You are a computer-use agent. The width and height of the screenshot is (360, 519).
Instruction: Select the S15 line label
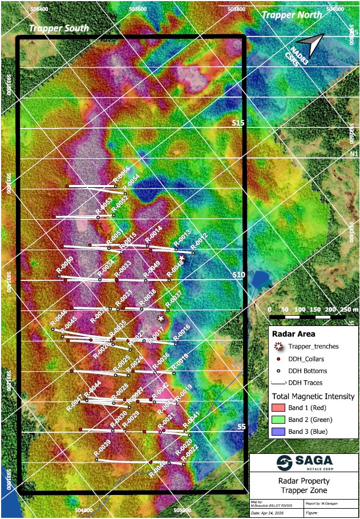pyautogui.click(x=238, y=123)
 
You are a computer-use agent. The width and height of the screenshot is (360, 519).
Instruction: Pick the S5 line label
pyautogui.click(x=241, y=427)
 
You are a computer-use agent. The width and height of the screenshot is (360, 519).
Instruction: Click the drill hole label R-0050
pyautogui.click(x=65, y=264)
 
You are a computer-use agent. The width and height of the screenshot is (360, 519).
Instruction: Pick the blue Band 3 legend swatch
pyautogui.click(x=278, y=432)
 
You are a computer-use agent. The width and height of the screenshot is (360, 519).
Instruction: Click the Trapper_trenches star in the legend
pyautogui.click(x=278, y=346)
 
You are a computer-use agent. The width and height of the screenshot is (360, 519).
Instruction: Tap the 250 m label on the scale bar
pyautogui.click(x=346, y=309)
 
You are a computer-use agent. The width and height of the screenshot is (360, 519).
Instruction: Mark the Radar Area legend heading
pyautogui.click(x=294, y=334)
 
